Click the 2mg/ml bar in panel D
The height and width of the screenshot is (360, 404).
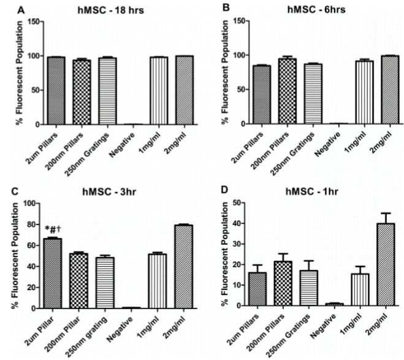[369, 264]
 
